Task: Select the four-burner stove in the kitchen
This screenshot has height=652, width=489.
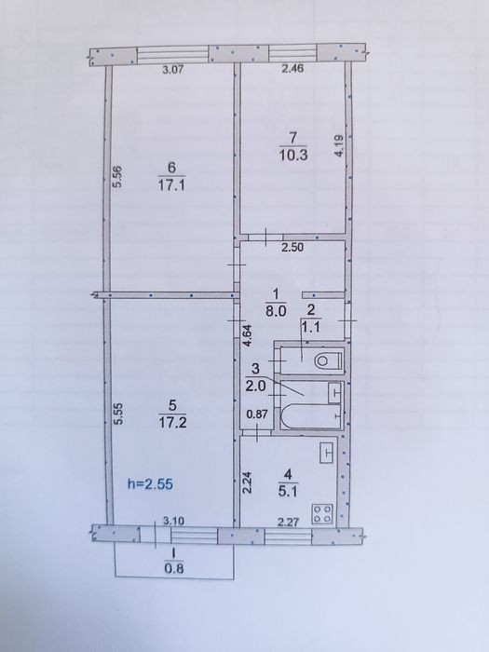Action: (322, 513)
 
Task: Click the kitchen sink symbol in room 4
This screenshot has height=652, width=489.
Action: (328, 453)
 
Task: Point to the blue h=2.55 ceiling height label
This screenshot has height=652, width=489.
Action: (150, 484)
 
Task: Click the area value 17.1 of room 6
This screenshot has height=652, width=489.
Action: (171, 185)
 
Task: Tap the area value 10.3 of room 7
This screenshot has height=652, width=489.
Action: (293, 156)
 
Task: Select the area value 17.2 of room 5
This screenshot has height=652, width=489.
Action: (172, 423)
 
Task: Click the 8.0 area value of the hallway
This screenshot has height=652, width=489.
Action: (276, 311)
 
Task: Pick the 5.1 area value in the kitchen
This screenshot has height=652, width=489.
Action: (288, 492)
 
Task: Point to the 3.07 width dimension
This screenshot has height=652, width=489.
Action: (172, 70)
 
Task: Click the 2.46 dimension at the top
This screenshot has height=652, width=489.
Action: (292, 69)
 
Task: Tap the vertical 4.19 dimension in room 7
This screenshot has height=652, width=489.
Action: (340, 145)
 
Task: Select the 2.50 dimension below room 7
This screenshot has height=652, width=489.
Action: (292, 248)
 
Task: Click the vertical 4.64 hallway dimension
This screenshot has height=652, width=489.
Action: (248, 335)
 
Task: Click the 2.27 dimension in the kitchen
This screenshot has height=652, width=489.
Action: (288, 522)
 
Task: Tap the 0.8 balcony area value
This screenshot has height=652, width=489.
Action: (174, 568)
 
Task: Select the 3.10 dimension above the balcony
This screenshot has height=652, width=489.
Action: (174, 521)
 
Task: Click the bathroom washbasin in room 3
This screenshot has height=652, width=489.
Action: (334, 393)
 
